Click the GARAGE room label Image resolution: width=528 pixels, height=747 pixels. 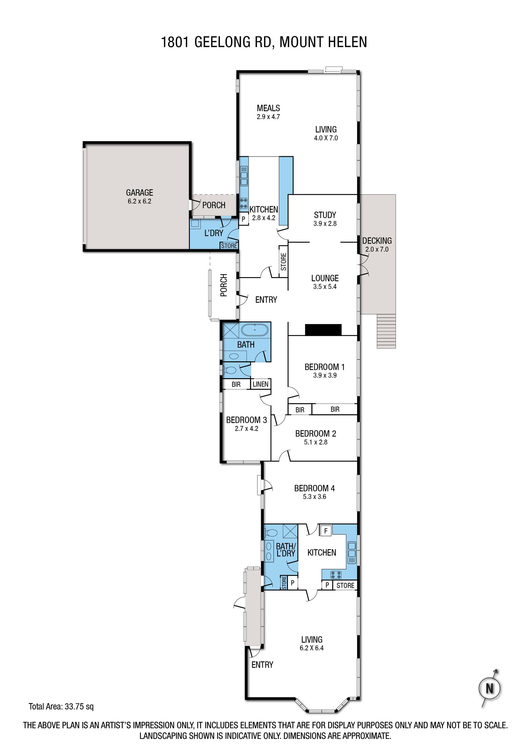point(140,193)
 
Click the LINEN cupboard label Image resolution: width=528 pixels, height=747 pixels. point(261,384)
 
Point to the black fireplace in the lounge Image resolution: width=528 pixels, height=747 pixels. point(323,329)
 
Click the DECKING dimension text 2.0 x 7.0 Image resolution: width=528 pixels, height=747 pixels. point(377,249)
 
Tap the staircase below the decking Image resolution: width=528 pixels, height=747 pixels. point(386,331)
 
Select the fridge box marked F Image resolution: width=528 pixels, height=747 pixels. point(326,531)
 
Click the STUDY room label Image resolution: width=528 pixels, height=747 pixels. point(325,215)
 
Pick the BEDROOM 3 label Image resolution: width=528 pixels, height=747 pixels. point(247,420)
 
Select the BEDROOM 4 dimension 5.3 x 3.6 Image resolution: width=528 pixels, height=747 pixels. point(315,496)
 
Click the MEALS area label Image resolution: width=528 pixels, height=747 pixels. point(268,108)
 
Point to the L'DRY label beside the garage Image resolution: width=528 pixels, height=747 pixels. point(214,233)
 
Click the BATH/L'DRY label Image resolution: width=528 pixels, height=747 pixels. point(286,550)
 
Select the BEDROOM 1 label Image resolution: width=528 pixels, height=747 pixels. point(325,367)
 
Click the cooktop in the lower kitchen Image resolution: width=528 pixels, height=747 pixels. point(336,574)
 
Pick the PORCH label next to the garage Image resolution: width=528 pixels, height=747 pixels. point(214,205)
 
